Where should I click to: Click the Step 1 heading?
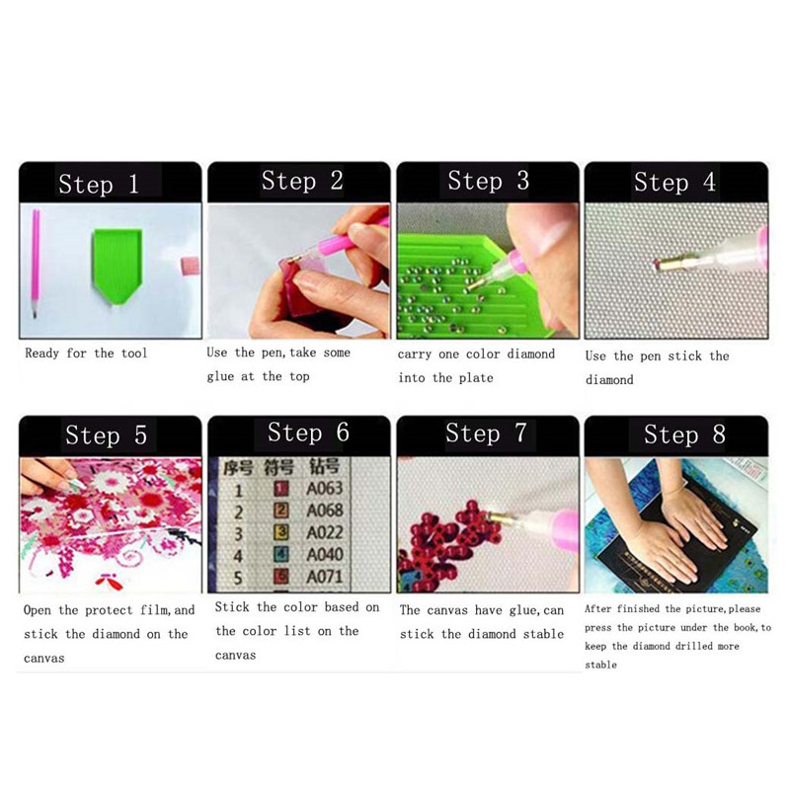(99, 184)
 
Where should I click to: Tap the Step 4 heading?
(674, 182)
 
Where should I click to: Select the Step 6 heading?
(308, 433)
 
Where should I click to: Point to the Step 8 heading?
(684, 434)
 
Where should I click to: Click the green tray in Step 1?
(117, 265)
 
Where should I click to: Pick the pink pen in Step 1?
(36, 263)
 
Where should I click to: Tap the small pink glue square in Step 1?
(190, 266)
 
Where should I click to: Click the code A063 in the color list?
(325, 488)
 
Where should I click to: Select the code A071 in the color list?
(325, 577)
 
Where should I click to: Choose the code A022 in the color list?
(325, 532)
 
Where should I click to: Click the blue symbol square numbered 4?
(281, 554)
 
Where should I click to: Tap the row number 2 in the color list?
(238, 513)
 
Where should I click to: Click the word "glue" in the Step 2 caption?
(220, 377)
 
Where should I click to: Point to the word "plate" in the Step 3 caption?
(476, 378)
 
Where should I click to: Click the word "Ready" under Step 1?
(41, 354)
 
